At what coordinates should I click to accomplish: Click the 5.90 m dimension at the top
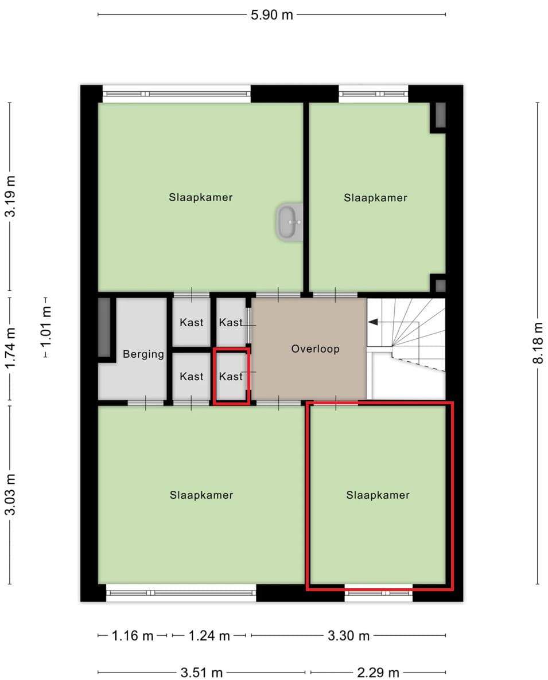(x=271, y=15)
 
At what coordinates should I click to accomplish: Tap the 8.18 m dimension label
(x=538, y=343)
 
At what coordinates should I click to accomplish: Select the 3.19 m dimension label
(x=10, y=196)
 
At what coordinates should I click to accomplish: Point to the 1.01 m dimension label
(x=45, y=326)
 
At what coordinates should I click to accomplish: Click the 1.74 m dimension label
(x=10, y=348)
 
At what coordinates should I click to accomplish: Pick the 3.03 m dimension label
(x=10, y=494)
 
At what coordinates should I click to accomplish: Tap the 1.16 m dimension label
(x=133, y=636)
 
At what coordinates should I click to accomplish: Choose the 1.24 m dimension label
(x=209, y=636)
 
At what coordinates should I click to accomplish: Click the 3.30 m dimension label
(x=348, y=636)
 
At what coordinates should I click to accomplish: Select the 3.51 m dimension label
(x=201, y=673)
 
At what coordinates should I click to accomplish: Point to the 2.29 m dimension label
(x=378, y=673)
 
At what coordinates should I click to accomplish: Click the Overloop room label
(x=315, y=349)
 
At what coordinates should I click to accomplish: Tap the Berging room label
(x=143, y=354)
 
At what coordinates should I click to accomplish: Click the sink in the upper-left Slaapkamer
(x=289, y=222)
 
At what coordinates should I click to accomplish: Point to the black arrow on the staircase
(x=373, y=322)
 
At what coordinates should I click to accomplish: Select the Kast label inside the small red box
(x=231, y=377)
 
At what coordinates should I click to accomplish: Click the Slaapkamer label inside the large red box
(x=378, y=495)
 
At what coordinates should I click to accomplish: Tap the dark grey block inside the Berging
(x=104, y=327)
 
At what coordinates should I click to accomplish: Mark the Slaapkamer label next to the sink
(x=200, y=197)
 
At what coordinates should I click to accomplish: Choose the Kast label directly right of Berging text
(x=191, y=377)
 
